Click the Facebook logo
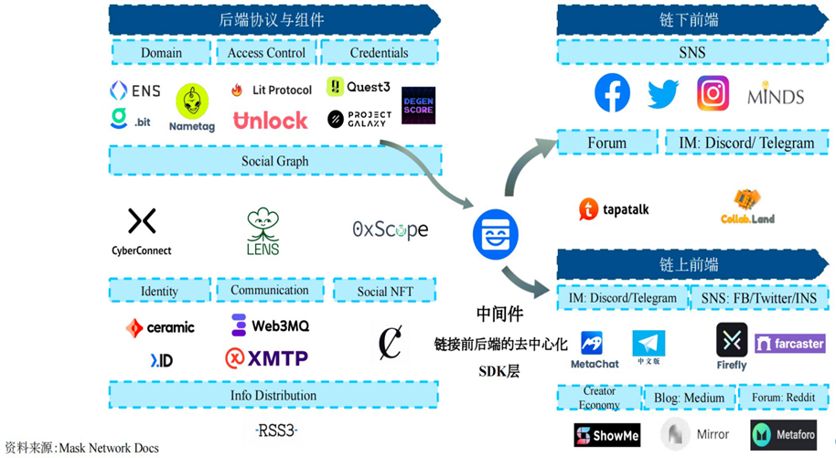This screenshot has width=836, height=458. click(x=613, y=93)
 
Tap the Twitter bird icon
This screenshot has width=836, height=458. click(x=663, y=94)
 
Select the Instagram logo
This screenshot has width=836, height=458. click(x=713, y=93)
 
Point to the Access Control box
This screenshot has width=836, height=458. click(x=266, y=53)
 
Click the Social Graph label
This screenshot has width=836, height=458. click(x=274, y=161)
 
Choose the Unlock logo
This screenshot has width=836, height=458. click(x=271, y=120)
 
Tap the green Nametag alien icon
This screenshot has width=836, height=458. click(x=192, y=103)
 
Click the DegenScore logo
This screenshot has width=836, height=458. click(x=418, y=105)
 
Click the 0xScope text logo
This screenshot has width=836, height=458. click(x=390, y=229)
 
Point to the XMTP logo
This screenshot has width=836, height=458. click(x=267, y=357)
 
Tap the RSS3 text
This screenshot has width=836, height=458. click(x=276, y=430)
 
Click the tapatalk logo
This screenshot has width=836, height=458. click(x=614, y=209)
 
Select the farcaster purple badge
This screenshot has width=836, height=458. click(x=790, y=344)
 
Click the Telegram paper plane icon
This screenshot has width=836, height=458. click(x=648, y=343)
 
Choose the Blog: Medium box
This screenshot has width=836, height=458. click(x=690, y=398)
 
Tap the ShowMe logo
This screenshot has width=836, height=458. click(x=607, y=435)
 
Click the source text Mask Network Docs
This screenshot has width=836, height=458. click(x=108, y=448)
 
